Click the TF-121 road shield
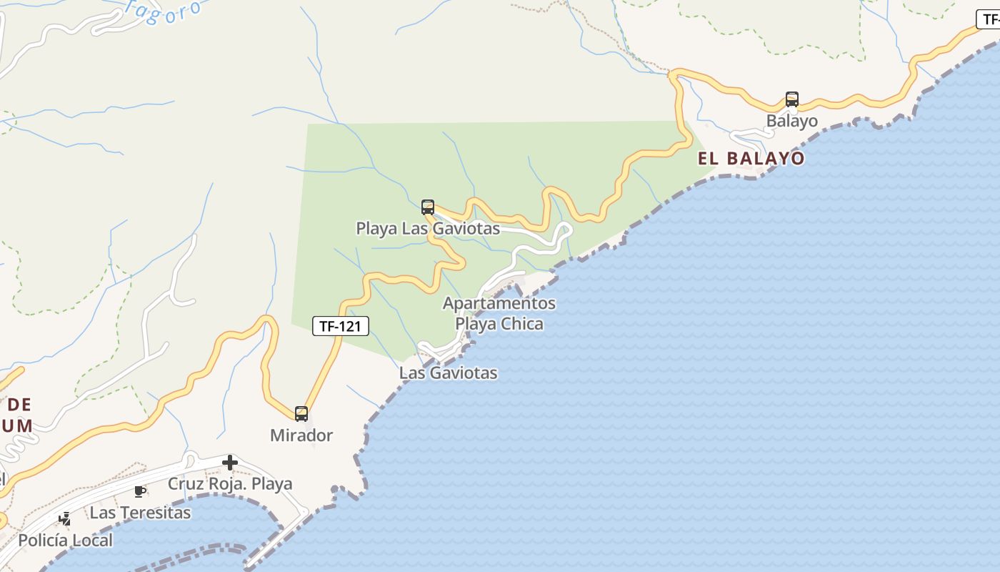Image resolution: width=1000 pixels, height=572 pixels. click(341, 327)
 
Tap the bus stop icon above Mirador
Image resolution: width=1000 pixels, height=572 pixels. click(301, 413)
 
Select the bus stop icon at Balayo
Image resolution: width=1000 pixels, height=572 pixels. click(791, 99)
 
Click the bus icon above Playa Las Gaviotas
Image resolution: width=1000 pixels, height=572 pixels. click(428, 207)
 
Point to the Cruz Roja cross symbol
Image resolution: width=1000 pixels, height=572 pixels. click(230, 463)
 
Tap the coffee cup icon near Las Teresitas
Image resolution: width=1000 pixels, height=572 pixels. click(140, 491)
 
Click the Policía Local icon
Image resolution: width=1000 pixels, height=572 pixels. click(65, 519)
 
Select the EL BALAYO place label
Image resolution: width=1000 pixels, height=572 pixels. click(751, 159)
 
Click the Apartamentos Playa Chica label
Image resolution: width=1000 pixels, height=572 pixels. click(499, 313)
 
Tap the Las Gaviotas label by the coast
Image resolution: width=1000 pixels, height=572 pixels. click(448, 373)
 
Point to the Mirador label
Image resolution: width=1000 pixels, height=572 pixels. click(301, 435)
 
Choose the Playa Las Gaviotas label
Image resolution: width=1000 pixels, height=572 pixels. click(428, 229)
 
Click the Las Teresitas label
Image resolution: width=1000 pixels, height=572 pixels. click(140, 513)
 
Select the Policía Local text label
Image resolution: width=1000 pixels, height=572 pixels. click(65, 541)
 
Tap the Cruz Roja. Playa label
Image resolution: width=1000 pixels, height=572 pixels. click(230, 484)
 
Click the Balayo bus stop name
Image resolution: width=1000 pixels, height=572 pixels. click(791, 121)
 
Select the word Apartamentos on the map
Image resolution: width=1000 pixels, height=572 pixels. click(499, 303)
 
